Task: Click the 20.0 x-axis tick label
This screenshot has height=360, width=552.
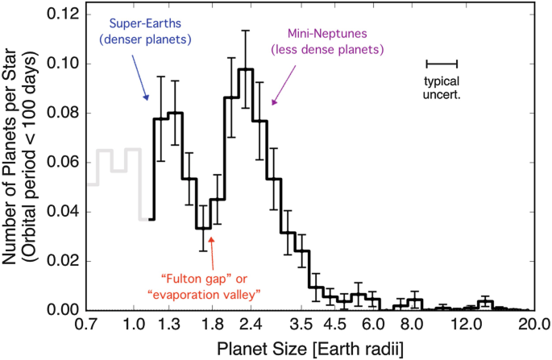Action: point(532,327)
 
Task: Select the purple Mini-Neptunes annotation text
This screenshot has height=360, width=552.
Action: point(331,43)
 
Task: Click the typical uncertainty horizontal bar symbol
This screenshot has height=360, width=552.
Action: point(442,63)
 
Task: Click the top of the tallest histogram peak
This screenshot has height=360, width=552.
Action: point(246,69)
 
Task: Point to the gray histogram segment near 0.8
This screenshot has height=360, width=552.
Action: point(105,160)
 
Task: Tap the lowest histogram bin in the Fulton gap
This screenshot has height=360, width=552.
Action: point(202,228)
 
